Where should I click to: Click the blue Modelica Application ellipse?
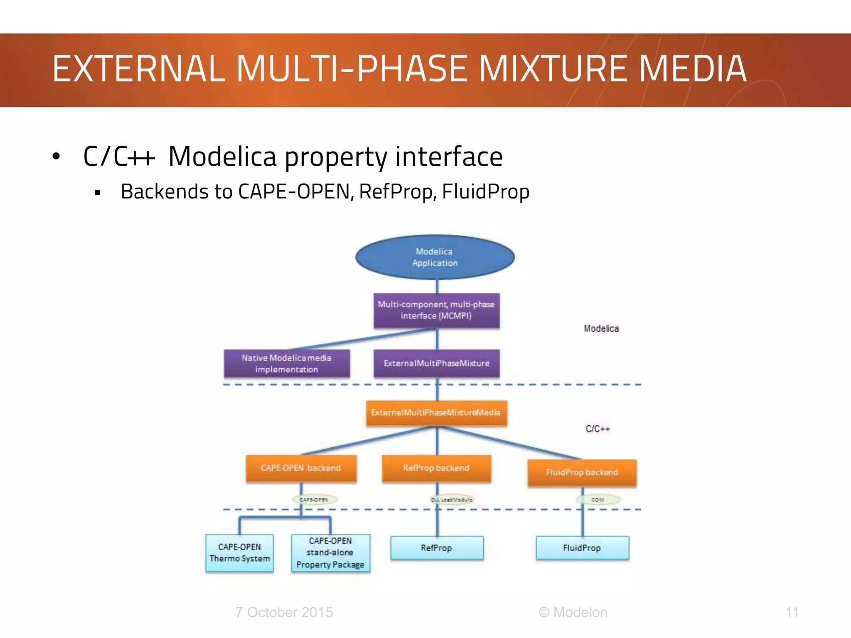click(435, 257)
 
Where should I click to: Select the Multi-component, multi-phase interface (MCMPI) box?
click(436, 310)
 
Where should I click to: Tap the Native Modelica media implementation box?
click(287, 363)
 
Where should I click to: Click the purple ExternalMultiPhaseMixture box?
click(436, 363)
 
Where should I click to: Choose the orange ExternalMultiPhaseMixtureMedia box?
click(436, 413)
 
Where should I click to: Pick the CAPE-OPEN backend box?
click(301, 468)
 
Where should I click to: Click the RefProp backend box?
click(436, 468)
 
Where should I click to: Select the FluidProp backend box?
click(582, 472)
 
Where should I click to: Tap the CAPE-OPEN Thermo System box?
click(240, 553)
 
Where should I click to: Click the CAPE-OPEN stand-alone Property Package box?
click(330, 553)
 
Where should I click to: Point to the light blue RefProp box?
click(436, 548)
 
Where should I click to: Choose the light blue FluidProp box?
click(582, 548)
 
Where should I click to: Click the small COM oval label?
click(598, 500)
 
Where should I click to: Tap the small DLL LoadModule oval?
click(452, 500)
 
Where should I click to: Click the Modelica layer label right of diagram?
click(601, 329)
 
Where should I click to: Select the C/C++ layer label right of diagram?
click(598, 429)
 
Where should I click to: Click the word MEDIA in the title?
click(692, 69)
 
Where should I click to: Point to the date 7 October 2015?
click(284, 612)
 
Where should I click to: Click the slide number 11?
click(792, 612)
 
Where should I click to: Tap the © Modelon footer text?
click(573, 612)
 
